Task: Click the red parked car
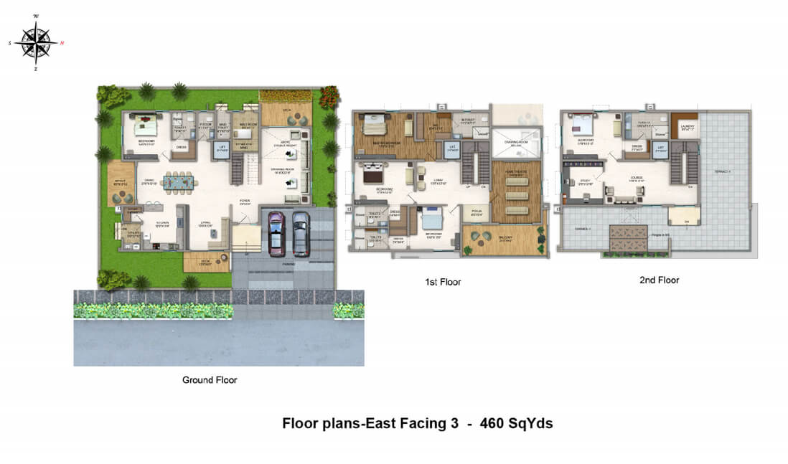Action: [276, 233]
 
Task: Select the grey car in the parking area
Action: [301, 233]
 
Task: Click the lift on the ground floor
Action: [222, 150]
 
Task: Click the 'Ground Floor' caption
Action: [210, 380]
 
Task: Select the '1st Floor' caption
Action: [443, 282]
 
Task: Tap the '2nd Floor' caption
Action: [659, 280]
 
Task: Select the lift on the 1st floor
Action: [452, 148]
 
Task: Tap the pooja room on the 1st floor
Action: [474, 213]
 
